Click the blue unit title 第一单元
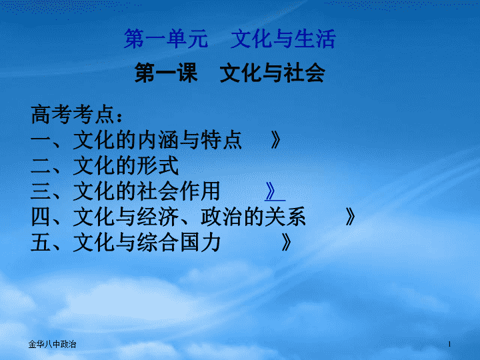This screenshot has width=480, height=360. (x=166, y=39)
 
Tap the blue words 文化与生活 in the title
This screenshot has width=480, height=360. (x=283, y=39)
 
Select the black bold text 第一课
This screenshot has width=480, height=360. (x=166, y=73)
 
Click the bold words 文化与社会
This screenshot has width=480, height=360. (x=273, y=73)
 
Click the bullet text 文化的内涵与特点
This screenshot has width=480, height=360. (x=157, y=140)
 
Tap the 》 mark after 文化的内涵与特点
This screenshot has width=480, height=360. (x=275, y=140)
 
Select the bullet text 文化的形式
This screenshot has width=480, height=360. (x=126, y=165)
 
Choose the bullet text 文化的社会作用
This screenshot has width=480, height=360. (x=147, y=191)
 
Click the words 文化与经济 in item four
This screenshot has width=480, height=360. (x=126, y=217)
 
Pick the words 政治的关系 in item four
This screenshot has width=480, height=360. (x=253, y=217)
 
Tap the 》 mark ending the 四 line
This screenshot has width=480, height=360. (x=350, y=217)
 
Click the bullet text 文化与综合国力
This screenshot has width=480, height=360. (x=147, y=243)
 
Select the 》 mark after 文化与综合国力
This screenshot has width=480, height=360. (x=286, y=243)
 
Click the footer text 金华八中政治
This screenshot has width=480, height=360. (x=52, y=345)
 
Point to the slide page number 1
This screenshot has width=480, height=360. (x=449, y=345)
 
